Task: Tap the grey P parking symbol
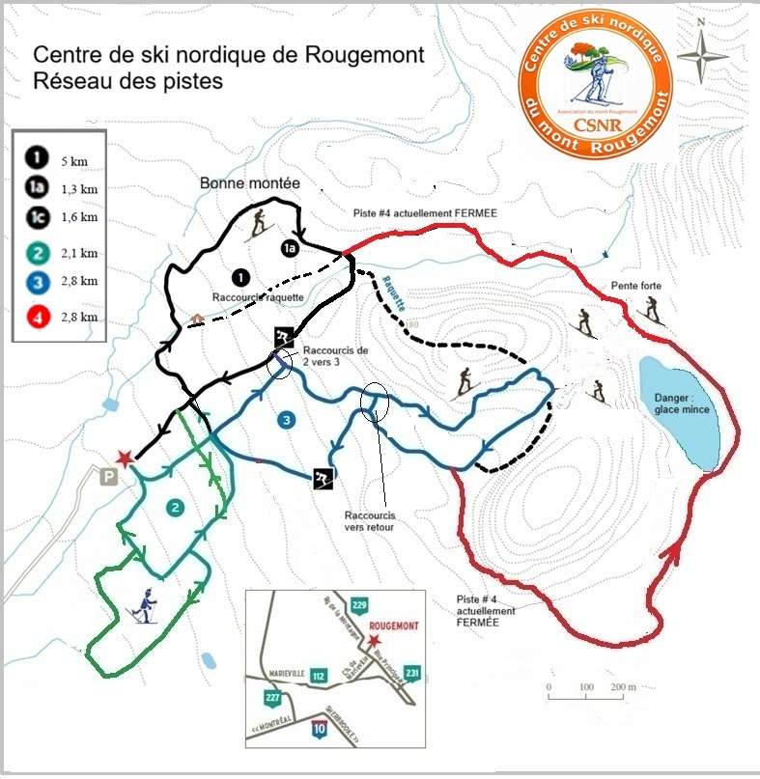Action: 110,477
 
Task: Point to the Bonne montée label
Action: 250,182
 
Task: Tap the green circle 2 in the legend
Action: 38,253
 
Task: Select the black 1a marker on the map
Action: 290,249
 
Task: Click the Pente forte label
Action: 635,287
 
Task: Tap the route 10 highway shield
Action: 319,731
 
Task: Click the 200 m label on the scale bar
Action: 623,688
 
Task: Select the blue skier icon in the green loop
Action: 145,604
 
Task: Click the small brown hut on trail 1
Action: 196,319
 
